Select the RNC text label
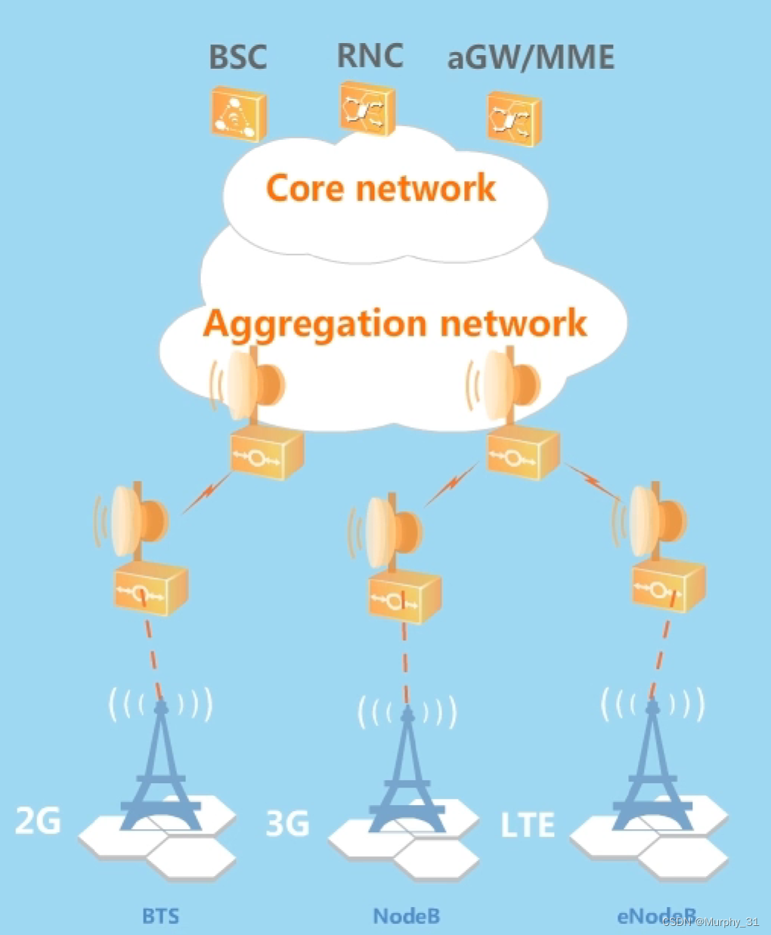[370, 55]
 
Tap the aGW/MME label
[531, 57]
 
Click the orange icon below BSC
[238, 114]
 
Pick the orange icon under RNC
[367, 110]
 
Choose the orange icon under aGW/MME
[513, 119]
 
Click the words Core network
[381, 187]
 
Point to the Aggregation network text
[395, 324]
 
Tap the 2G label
[39, 820]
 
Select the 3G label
[288, 822]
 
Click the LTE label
[528, 824]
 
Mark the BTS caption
[161, 916]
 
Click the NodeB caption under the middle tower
[407, 916]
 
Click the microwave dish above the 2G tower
[136, 520]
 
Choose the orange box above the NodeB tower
[404, 596]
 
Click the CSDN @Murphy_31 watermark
[711, 922]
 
